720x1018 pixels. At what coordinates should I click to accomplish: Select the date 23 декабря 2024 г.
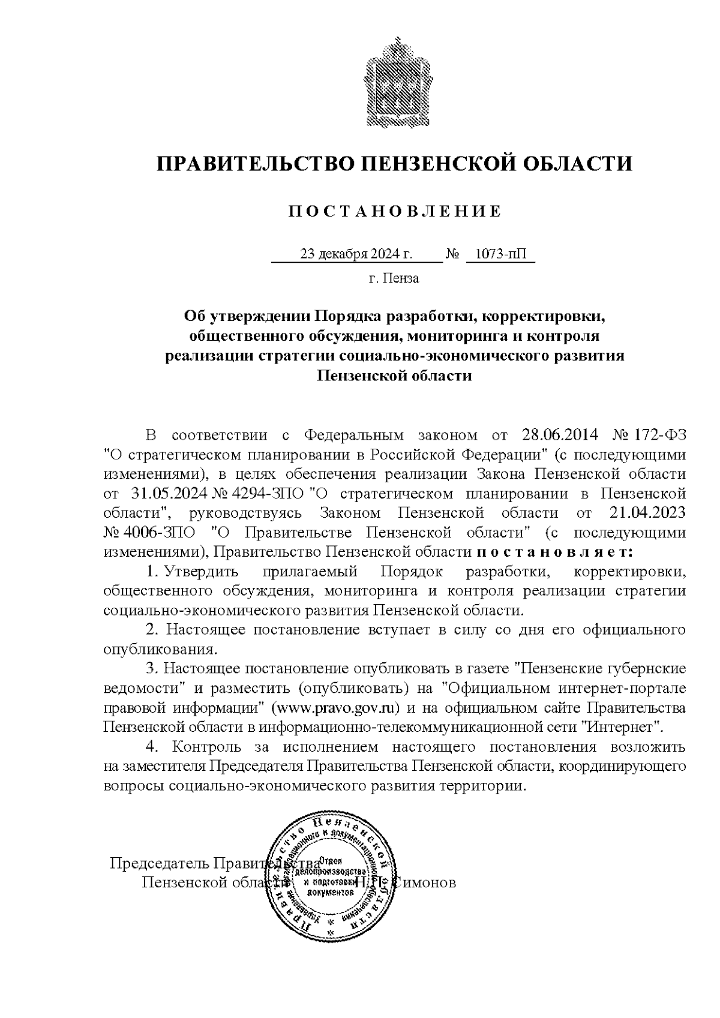point(356,254)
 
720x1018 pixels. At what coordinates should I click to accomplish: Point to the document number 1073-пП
point(500,254)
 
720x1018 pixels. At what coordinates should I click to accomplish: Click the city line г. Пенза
point(394,278)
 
